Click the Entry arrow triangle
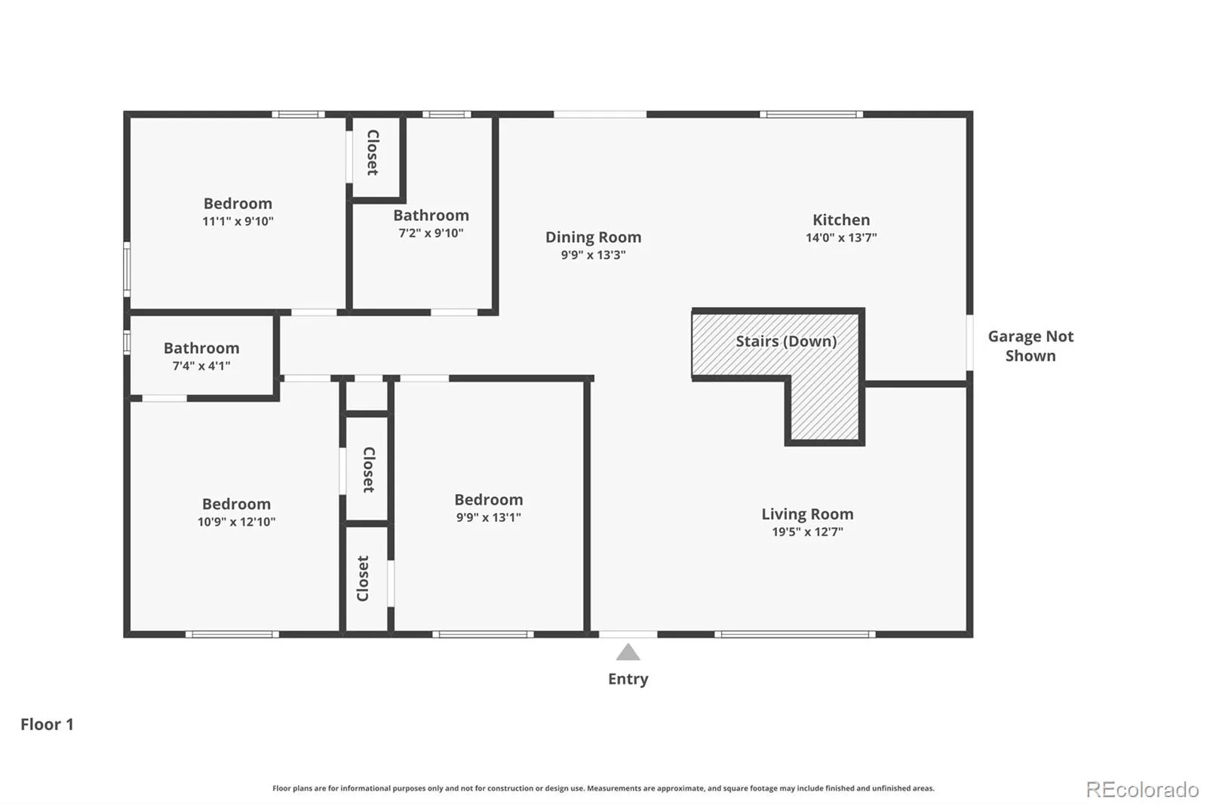(x=628, y=652)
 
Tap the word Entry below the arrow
(x=628, y=679)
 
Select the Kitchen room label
(x=841, y=220)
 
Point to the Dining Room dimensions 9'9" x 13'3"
(x=593, y=255)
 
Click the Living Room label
(x=807, y=514)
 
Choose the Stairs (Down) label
(x=786, y=341)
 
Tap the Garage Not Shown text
(x=1030, y=346)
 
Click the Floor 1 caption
(x=47, y=724)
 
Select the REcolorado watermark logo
(x=1142, y=790)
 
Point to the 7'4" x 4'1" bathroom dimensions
(x=201, y=366)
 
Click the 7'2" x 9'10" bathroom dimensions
(x=431, y=233)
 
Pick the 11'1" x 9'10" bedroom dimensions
(x=238, y=221)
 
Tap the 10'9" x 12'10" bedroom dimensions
(x=236, y=522)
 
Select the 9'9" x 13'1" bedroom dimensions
(x=488, y=517)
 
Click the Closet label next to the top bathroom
(x=373, y=152)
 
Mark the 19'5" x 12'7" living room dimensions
(x=807, y=532)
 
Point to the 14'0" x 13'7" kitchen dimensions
(x=841, y=238)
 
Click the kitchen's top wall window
(x=812, y=114)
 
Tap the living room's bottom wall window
(x=795, y=634)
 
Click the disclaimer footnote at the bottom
(x=603, y=788)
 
